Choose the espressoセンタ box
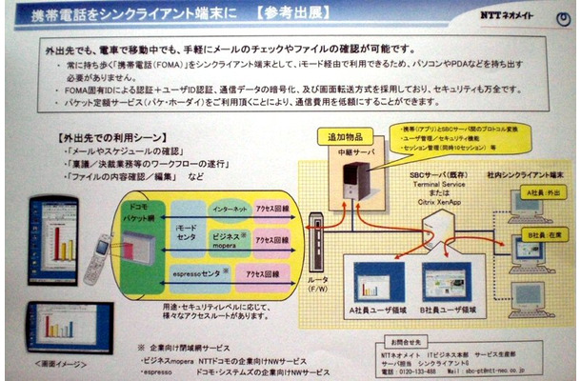coord(201,275)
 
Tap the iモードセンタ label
coord(187,235)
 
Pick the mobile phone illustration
coord(98,251)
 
